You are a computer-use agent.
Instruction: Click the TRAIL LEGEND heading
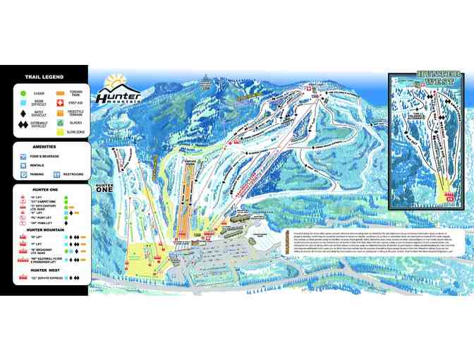44,77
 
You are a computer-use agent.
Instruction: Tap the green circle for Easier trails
23,92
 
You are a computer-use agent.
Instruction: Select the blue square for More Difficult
23,102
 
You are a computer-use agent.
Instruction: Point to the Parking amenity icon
23,174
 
